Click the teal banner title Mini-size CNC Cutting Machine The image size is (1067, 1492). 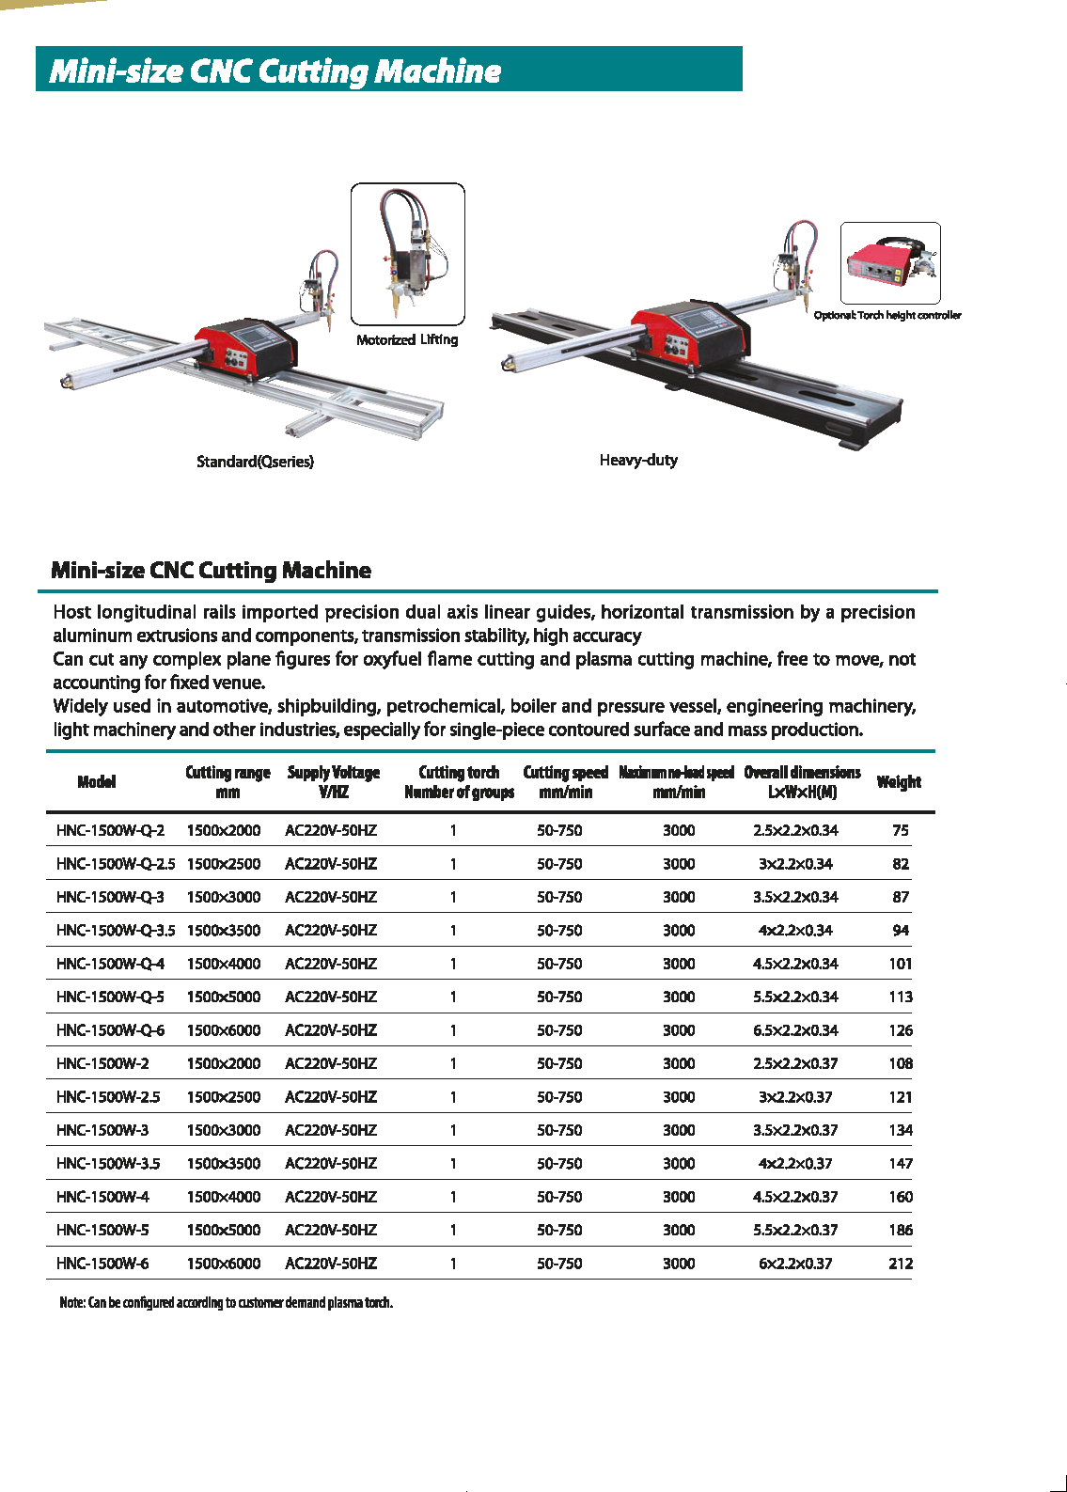tap(275, 71)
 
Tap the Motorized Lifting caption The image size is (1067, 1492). tap(407, 339)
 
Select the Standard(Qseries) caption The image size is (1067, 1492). tap(255, 461)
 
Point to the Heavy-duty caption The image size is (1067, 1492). tap(638, 460)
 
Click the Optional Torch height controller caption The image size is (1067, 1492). tap(887, 315)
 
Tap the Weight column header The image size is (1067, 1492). tap(899, 781)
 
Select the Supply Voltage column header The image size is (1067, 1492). tap(334, 781)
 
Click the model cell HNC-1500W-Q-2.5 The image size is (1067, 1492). tap(116, 863)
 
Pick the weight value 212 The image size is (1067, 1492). tap(901, 1263)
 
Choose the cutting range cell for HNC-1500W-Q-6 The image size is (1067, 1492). tap(224, 1029)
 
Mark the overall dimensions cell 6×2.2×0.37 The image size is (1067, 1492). tap(795, 1263)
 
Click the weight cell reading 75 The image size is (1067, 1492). tap(901, 830)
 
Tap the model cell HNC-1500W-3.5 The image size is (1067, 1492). tap(108, 1163)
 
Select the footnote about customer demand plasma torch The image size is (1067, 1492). tap(226, 1302)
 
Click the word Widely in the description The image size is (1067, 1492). tap(80, 706)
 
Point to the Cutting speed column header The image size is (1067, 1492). tap(565, 781)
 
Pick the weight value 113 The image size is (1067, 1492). tap(901, 997)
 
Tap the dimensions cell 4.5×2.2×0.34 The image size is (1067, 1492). tap(795, 963)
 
